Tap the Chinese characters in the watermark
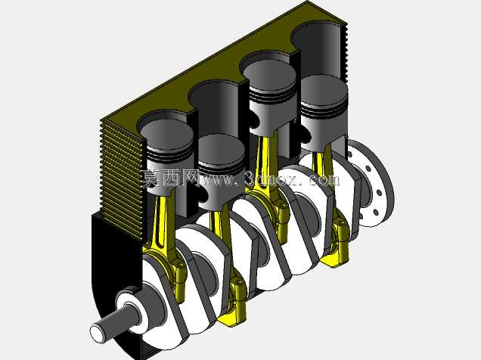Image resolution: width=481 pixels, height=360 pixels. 170,178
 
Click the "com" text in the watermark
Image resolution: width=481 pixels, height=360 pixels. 324,180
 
